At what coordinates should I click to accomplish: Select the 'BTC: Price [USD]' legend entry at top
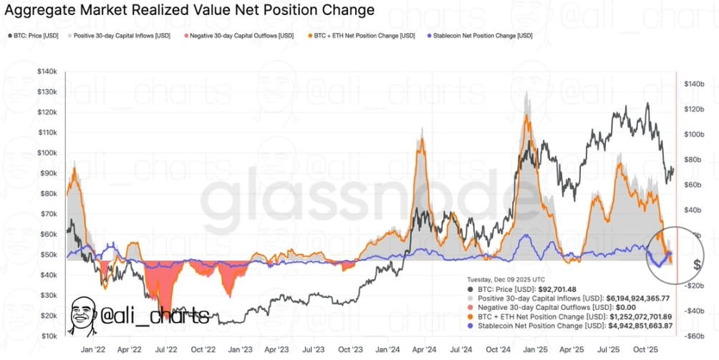[35, 34]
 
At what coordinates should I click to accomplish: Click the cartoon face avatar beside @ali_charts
[84, 315]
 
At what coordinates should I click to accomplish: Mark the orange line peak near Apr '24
[422, 140]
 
